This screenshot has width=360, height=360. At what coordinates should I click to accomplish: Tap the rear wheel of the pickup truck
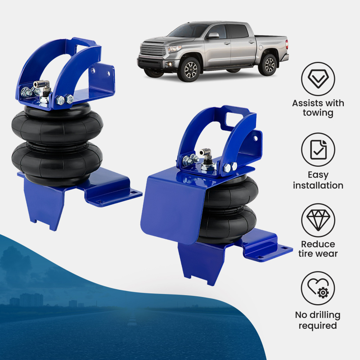pos(268,64)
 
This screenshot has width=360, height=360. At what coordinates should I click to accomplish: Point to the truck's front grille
pos(152,49)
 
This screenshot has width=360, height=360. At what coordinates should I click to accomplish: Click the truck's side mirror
pos(213,36)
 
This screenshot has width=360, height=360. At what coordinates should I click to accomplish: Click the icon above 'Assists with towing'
pos(318,79)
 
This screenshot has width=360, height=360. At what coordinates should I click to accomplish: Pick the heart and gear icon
pos(318,288)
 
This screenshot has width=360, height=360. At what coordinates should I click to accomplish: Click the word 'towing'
pos(318,113)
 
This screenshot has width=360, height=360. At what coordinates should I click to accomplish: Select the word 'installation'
pos(318,185)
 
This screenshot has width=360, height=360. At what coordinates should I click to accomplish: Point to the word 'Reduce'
pos(318,244)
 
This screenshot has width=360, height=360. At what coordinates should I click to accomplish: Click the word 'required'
pos(318,325)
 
